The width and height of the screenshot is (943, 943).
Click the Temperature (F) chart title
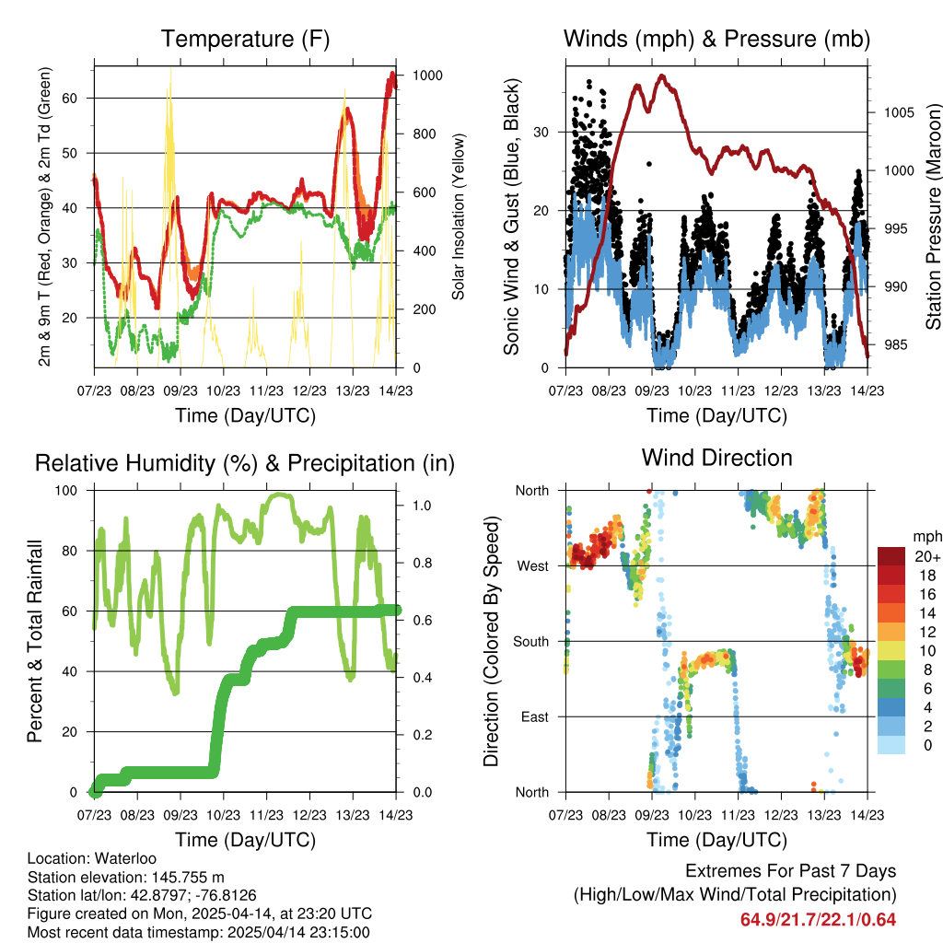point(245,40)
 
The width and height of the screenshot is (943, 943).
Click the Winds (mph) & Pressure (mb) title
point(716,40)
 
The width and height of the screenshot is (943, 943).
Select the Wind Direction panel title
point(716,458)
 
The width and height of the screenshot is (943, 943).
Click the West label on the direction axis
point(531,565)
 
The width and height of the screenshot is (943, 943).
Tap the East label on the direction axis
point(532,716)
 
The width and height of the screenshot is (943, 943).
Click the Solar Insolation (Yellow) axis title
point(458,216)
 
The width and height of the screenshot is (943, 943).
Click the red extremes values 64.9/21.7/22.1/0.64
point(818,919)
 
